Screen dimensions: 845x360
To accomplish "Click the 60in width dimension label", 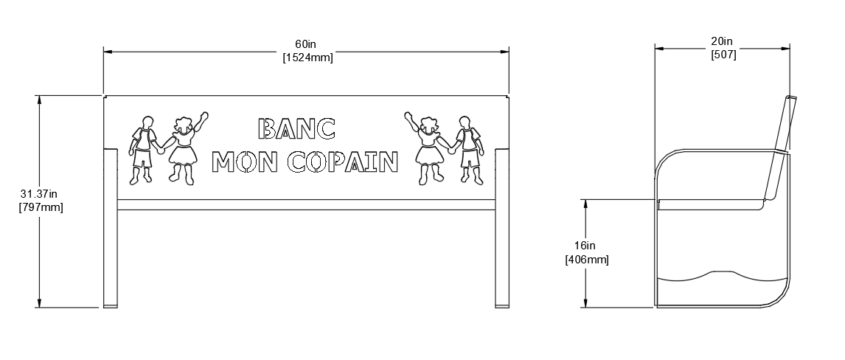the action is click(x=307, y=45).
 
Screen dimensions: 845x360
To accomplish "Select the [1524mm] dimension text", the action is click(x=307, y=58).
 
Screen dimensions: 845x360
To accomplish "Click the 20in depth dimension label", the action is click(x=723, y=42).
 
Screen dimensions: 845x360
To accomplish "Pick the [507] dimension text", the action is click(x=723, y=55).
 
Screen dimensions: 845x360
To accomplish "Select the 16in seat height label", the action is click(x=586, y=246).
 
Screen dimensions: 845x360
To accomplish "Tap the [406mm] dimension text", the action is click(x=587, y=259).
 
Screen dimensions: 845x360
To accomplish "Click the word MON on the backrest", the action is click(x=244, y=162).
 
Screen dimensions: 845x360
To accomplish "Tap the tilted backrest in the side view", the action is click(x=781, y=148).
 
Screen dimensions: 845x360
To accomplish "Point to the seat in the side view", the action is click(x=712, y=204).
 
